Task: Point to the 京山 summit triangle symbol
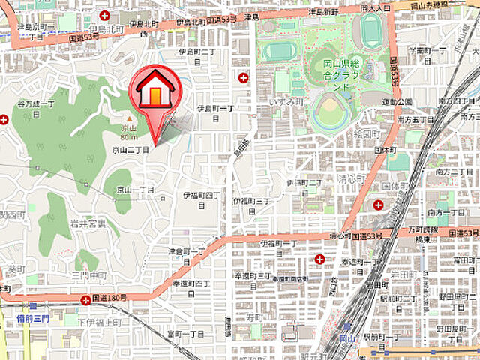(129, 118)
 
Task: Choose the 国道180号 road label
(109, 298)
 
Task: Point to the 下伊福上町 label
(99, 322)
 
